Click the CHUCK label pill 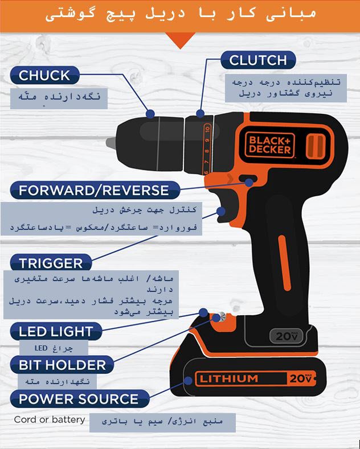coord(44,75)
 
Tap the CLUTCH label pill coord(258,60)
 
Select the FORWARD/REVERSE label coord(95,190)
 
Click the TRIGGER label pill coord(51,262)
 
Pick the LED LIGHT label coord(56,331)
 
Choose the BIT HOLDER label coord(62,365)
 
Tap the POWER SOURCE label coord(80,398)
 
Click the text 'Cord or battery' coord(50,419)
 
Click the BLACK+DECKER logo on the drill coord(269,145)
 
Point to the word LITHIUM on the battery coord(228,379)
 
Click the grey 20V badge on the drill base coord(287,336)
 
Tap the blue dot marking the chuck coord(150,114)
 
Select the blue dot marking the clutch coord(201,113)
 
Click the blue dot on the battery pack coord(188,381)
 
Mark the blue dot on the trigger coord(220,212)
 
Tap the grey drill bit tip coord(111,143)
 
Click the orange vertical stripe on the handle coord(285,263)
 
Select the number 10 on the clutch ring coord(207,129)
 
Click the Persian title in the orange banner coord(181,14)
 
